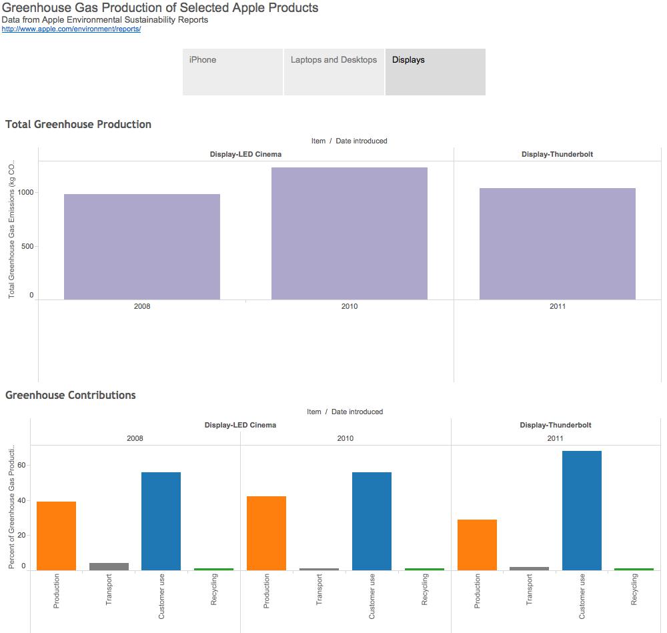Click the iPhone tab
(233, 71)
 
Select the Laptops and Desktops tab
(334, 71)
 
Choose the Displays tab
(435, 71)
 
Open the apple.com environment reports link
(71, 29)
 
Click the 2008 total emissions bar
(142, 247)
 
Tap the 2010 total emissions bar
(350, 233)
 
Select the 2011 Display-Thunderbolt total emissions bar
(558, 244)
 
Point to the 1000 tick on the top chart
(25, 193)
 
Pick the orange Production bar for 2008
(57, 536)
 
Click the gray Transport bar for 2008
(109, 566)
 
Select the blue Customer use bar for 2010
(372, 521)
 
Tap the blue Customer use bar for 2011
(582, 510)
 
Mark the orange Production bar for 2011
(477, 545)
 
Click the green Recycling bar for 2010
(424, 569)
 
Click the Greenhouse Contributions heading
(71, 396)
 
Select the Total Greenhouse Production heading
(78, 125)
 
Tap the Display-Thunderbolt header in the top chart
(557, 154)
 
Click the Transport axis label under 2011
(530, 590)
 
